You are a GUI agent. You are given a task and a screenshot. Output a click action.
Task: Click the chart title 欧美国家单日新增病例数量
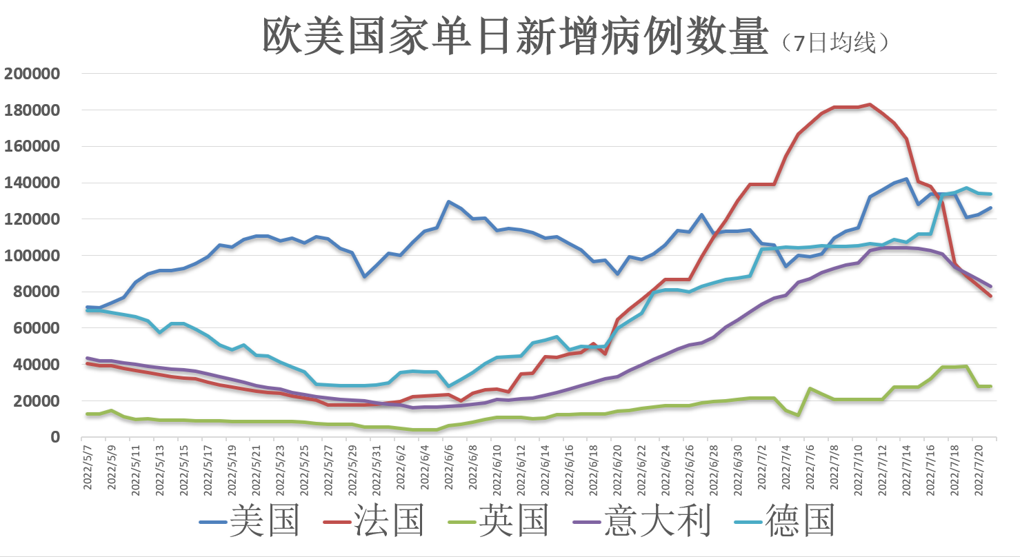coord(514,37)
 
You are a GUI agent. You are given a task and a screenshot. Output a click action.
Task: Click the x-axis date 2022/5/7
coord(87,465)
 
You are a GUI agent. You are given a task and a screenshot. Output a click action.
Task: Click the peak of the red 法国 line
coord(870,105)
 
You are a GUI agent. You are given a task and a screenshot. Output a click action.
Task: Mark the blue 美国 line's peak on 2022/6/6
coord(449,202)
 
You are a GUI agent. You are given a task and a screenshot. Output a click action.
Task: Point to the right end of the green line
coord(990,386)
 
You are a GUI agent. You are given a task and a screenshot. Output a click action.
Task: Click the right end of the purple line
coord(990,286)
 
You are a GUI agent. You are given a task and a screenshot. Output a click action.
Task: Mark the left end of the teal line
coord(87,310)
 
